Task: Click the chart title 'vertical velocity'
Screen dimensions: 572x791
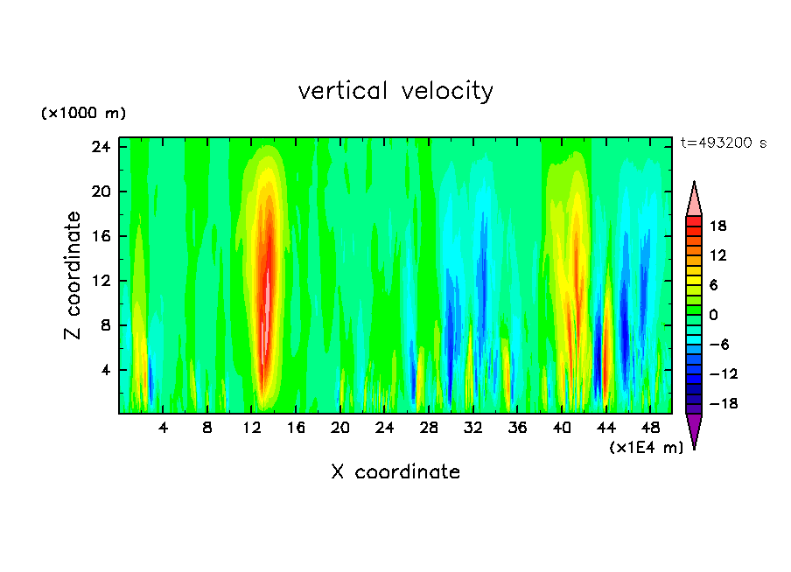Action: [395, 91]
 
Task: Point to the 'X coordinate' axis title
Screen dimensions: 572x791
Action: [395, 472]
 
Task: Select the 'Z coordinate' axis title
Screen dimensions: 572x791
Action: [73, 276]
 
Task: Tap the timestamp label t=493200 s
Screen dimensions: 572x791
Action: [724, 143]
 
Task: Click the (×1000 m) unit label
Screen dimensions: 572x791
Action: [83, 114]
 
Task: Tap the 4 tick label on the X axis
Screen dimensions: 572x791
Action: [163, 429]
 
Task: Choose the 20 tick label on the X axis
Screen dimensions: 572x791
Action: [340, 429]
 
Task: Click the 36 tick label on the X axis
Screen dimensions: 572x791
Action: [518, 429]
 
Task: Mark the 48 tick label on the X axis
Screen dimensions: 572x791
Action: [651, 429]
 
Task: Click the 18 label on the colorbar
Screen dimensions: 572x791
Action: [717, 226]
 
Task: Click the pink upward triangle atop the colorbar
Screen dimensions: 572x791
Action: [694, 200]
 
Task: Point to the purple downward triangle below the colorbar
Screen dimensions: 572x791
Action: [694, 429]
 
